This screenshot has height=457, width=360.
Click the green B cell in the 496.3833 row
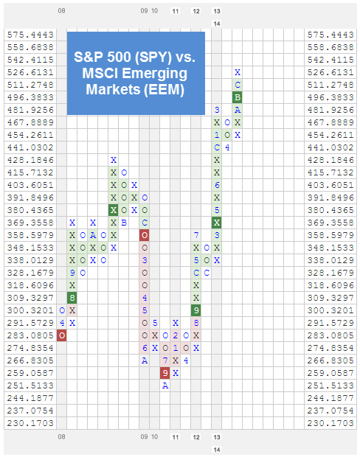pyautogui.click(x=238, y=97)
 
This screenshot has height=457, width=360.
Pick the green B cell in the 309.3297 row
pyautogui.click(x=72, y=297)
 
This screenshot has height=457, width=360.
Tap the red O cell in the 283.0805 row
pyautogui.click(x=62, y=335)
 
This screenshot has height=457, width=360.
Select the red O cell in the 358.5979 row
pyautogui.click(x=145, y=235)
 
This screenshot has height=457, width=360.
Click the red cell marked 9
pyautogui.click(x=165, y=373)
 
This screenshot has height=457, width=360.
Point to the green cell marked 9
pyautogui.click(x=196, y=310)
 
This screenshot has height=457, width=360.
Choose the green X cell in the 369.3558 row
pyautogui.click(x=217, y=222)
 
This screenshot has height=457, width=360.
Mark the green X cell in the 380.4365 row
pyautogui.click(x=114, y=210)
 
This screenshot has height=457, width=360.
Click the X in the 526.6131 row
pyautogui.click(x=238, y=72)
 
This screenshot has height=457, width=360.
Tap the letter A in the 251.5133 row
pyautogui.click(x=165, y=386)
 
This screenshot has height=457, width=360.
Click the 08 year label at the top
pyautogui.click(x=62, y=11)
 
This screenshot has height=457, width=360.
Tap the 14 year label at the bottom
pyautogui.click(x=217, y=449)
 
